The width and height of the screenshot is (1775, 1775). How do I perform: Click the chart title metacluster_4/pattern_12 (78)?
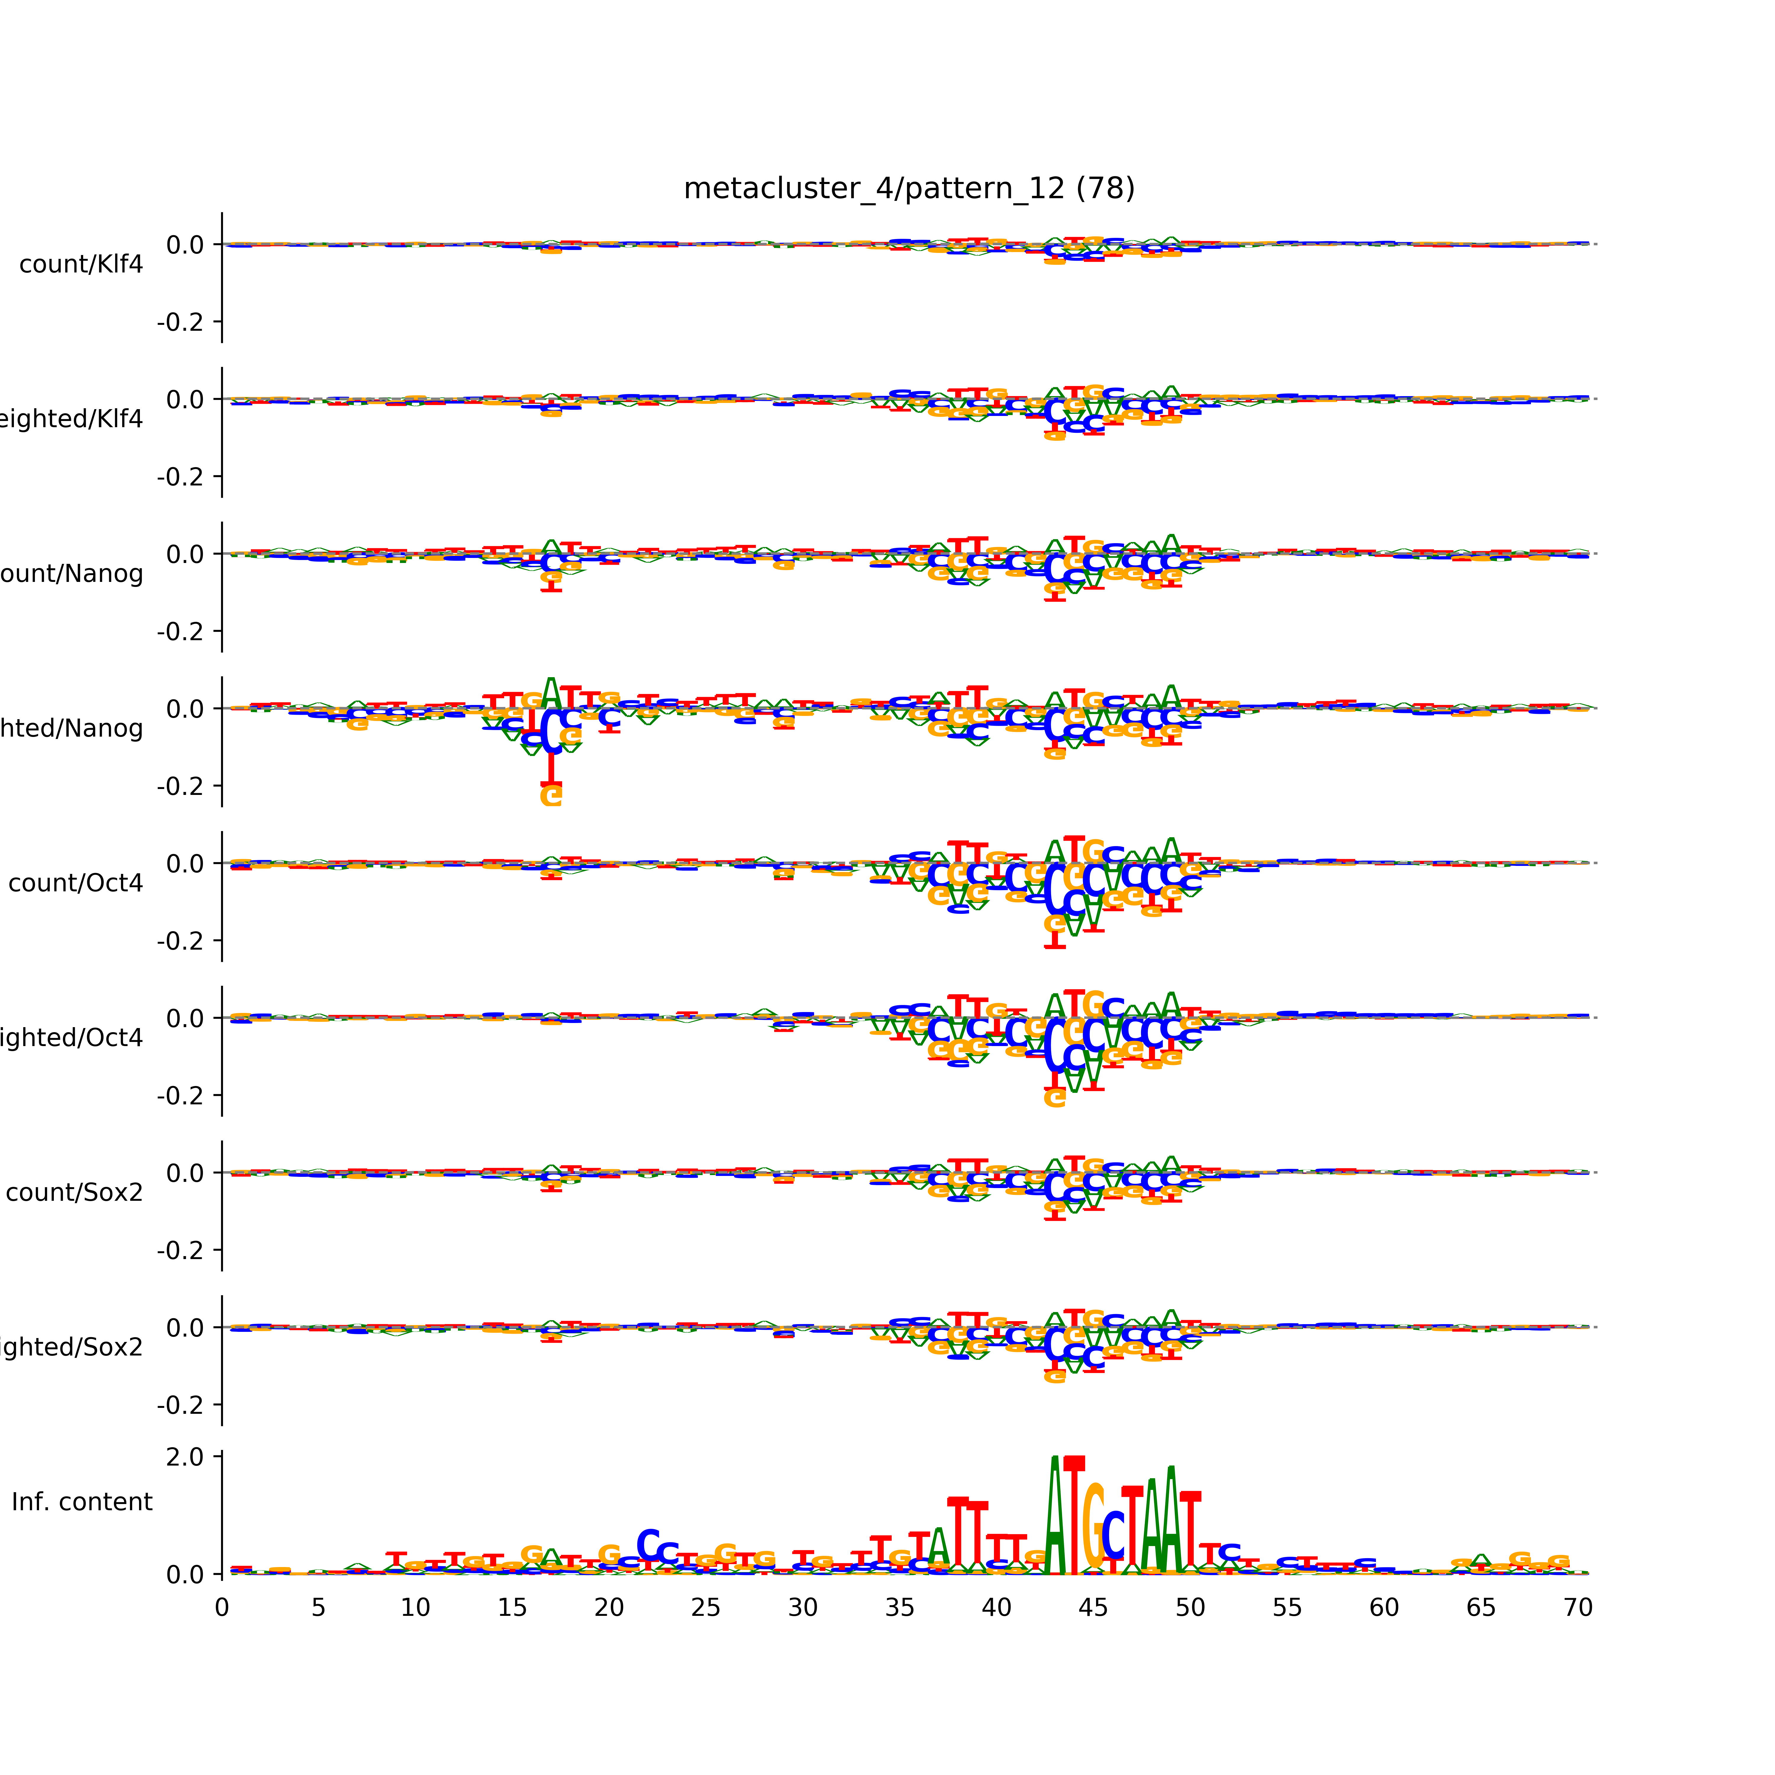click(x=909, y=188)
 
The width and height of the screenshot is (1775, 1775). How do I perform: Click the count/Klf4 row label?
click(x=81, y=264)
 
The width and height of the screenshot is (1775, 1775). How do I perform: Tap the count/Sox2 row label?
click(x=75, y=1193)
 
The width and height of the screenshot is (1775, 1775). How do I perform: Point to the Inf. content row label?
click(x=82, y=1502)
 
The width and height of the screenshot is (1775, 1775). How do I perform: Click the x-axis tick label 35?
click(x=899, y=1608)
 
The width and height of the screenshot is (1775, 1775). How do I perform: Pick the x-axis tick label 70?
click(x=1577, y=1608)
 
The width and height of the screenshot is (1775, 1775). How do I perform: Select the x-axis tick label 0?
click(x=221, y=1608)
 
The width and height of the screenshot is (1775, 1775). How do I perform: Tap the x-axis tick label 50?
click(x=1190, y=1608)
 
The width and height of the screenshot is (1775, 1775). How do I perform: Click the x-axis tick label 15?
click(x=512, y=1608)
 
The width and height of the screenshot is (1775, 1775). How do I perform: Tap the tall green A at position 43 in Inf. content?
click(x=1055, y=1516)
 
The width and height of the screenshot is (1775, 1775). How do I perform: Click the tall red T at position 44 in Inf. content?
click(x=1074, y=1516)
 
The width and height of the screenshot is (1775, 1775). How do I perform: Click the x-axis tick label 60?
click(x=1384, y=1608)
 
